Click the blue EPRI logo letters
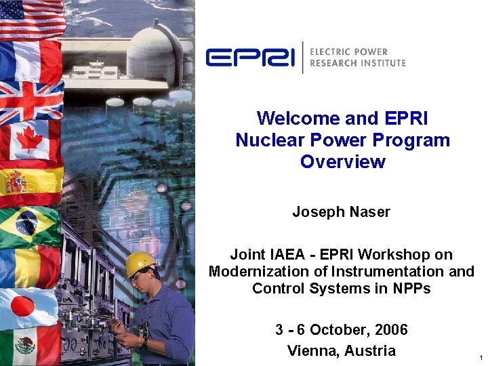(x=250, y=58)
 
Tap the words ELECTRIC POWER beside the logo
(x=348, y=52)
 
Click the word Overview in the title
(x=342, y=162)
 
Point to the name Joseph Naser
(x=341, y=212)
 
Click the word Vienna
(x=313, y=351)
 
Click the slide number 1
(x=480, y=357)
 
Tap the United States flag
(x=30, y=18)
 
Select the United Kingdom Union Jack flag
(x=30, y=101)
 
